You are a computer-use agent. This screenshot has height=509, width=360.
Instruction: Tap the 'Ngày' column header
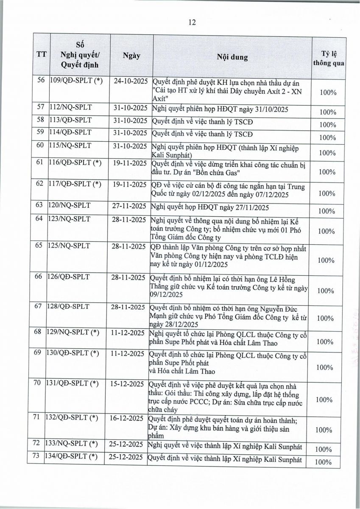point(131,56)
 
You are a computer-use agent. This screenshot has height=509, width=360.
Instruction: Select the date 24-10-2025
point(131,81)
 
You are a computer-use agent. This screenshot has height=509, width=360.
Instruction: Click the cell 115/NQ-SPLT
point(68,146)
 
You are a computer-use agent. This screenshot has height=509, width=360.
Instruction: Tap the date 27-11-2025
point(131,207)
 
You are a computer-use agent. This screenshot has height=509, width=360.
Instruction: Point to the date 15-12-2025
point(131,384)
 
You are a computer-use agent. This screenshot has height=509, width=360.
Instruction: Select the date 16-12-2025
point(131,418)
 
